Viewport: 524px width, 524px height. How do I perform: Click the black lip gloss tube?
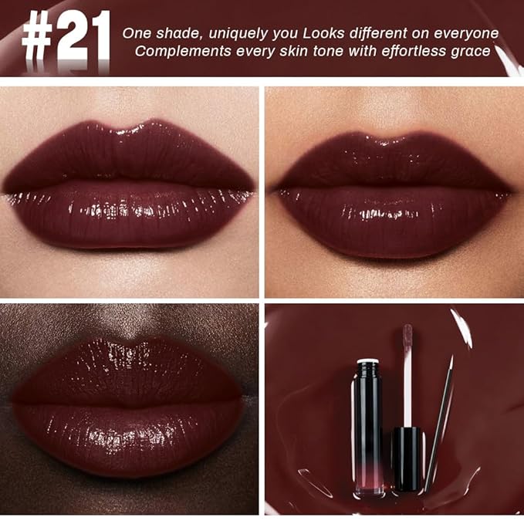pos(365,432)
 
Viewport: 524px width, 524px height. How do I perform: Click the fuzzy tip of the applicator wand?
pos(407,336)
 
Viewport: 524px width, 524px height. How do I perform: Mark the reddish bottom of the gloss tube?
pos(365,483)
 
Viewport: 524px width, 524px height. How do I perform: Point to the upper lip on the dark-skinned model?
pos(127,367)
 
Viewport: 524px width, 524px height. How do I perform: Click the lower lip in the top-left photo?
pos(130,220)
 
